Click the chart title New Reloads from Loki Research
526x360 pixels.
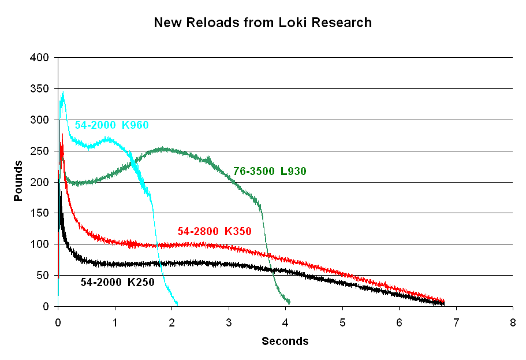(263, 23)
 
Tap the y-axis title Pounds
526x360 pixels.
(18, 181)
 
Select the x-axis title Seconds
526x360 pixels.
(285, 341)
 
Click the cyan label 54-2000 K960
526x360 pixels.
(107, 125)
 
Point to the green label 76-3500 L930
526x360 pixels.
(270, 171)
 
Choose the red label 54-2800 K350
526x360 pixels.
(214, 232)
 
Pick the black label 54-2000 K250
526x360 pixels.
(117, 282)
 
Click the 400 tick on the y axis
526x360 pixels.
(42, 58)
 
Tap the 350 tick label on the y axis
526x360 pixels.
(42, 89)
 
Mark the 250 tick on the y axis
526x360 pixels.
(42, 151)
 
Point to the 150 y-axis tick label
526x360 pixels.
(42, 213)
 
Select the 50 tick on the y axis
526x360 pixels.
(44, 276)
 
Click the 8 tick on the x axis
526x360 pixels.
(513, 320)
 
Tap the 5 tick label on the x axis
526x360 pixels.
(342, 320)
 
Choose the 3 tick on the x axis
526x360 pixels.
(229, 320)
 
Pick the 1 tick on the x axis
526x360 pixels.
(115, 320)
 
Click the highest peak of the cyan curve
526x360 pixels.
(62, 92)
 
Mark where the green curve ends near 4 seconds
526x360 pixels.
(289, 302)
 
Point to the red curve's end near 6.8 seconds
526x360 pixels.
(443, 301)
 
